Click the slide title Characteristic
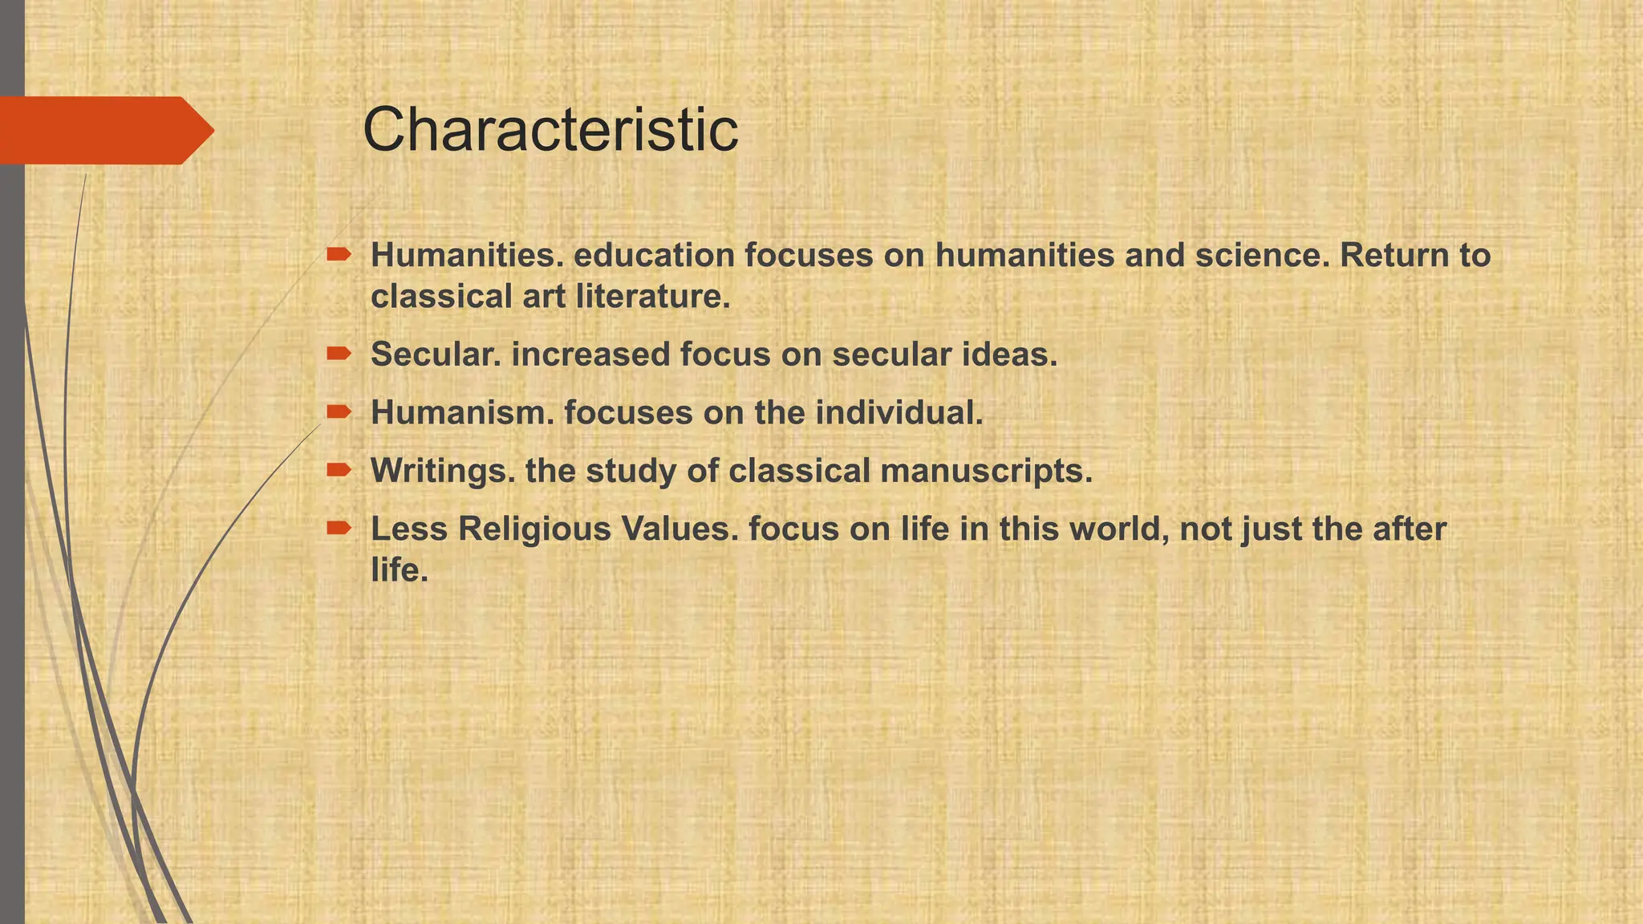click(550, 130)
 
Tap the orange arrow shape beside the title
click(104, 130)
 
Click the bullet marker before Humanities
click(339, 255)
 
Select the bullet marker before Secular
click(339, 353)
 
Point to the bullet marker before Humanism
click(339, 411)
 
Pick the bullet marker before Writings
click(339, 470)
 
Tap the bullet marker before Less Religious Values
click(339, 528)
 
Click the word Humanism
click(462, 413)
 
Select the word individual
click(899, 413)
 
